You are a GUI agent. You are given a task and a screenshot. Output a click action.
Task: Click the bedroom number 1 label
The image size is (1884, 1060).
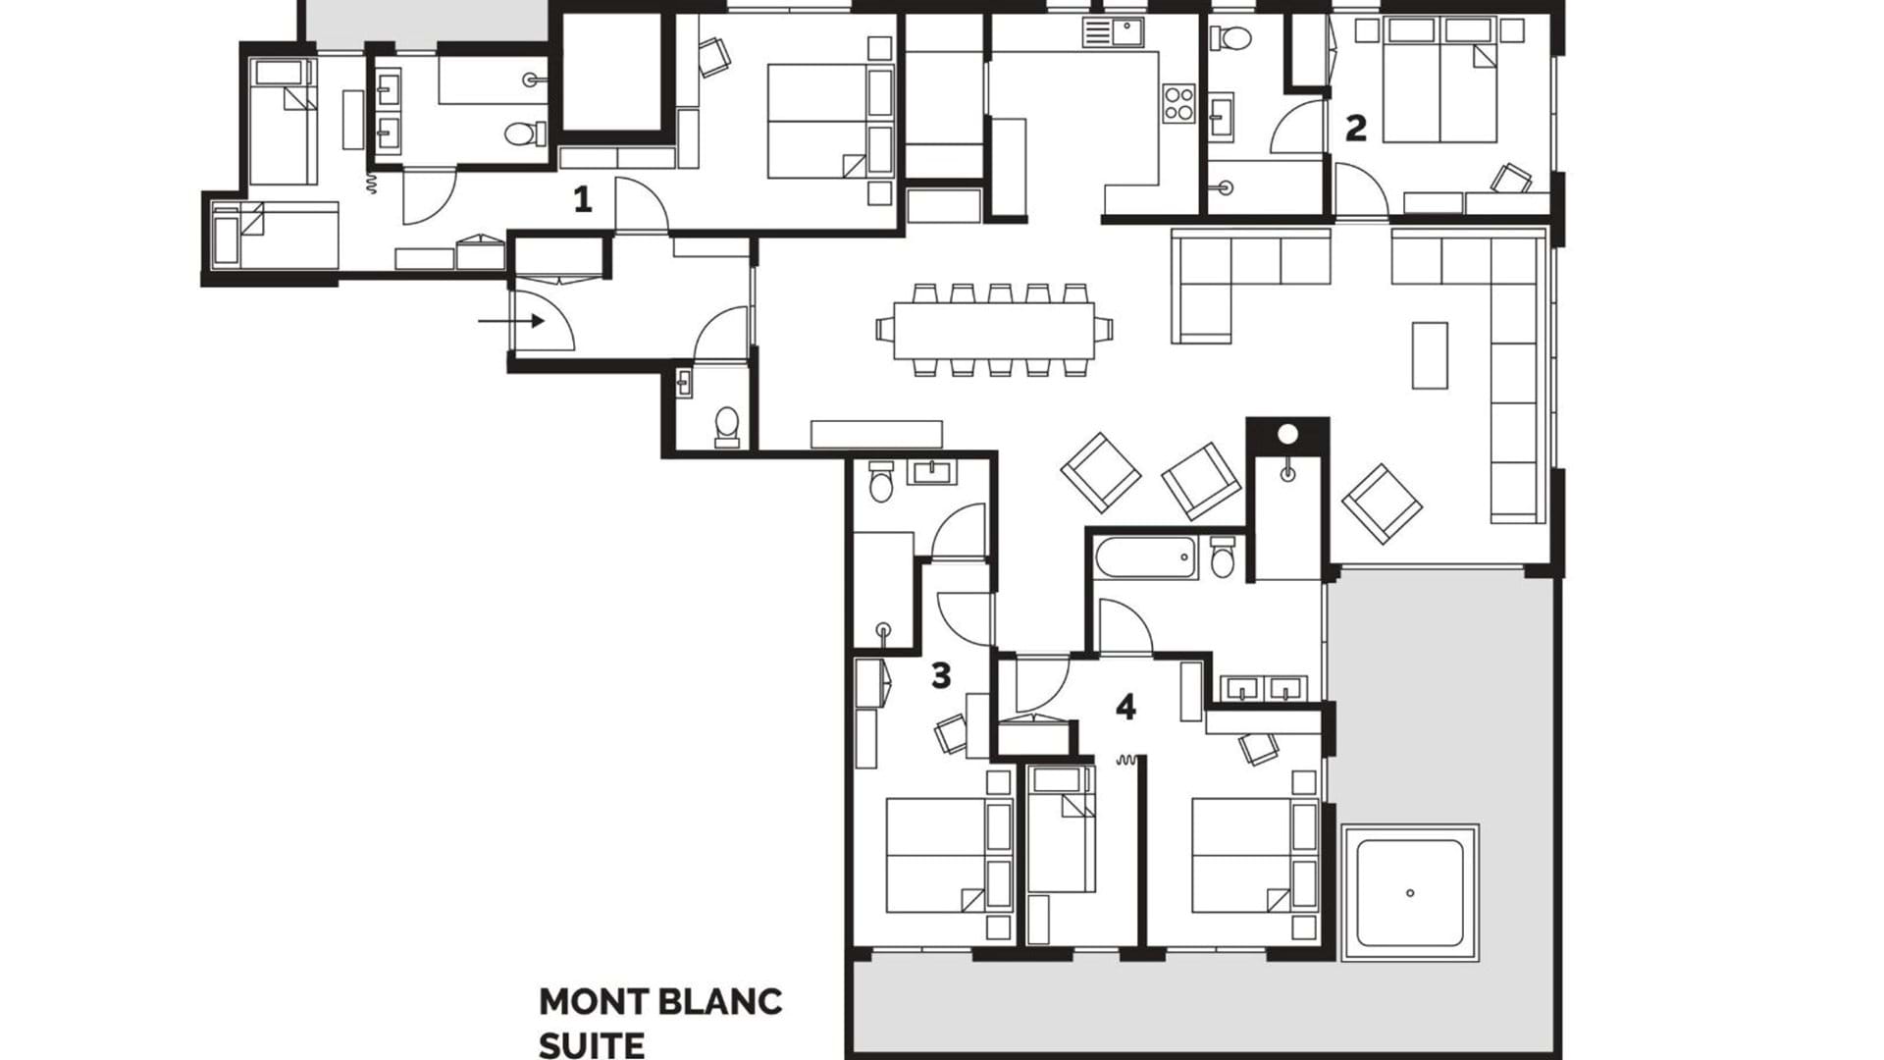point(583,200)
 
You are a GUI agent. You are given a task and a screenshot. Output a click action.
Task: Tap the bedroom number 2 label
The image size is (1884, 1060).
point(1355,128)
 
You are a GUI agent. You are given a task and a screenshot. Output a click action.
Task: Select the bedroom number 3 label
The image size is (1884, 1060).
point(941,675)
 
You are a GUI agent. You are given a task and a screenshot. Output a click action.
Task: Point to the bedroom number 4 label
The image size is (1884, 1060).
point(1125,707)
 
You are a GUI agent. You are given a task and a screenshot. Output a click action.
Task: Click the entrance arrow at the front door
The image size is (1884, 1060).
point(511,321)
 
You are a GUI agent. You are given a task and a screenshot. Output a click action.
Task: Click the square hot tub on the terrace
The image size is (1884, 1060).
point(1410,892)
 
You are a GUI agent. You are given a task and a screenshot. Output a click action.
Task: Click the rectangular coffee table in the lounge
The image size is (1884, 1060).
point(1430,355)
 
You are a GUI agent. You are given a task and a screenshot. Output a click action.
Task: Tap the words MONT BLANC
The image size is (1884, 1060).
point(660,1002)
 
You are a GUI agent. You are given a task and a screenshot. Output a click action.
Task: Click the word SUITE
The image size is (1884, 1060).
point(592,1044)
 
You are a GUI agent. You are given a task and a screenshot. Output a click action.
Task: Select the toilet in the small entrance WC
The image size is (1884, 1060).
point(727,427)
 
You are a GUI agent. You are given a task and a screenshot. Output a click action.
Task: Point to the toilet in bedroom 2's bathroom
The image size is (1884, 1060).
point(1231,38)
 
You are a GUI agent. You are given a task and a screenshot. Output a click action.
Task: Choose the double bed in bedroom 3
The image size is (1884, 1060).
point(936,855)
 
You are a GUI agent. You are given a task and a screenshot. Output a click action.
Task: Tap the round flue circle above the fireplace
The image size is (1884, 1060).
point(1288,433)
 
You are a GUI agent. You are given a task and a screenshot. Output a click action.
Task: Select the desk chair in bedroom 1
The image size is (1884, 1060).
point(714,56)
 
